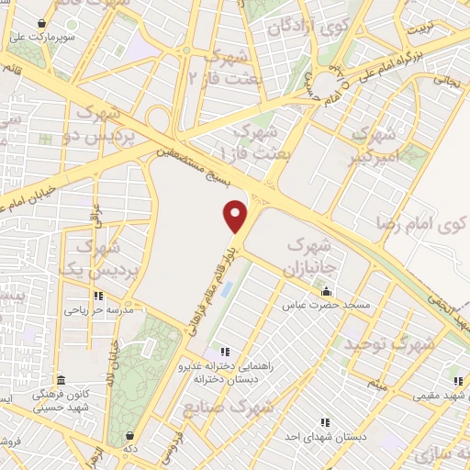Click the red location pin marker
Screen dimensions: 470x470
click(236, 216)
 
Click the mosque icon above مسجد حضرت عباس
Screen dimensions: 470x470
click(326, 292)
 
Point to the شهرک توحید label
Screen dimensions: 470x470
click(387, 344)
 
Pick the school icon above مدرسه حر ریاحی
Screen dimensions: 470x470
click(98, 297)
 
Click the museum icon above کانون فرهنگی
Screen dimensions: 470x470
click(62, 380)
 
